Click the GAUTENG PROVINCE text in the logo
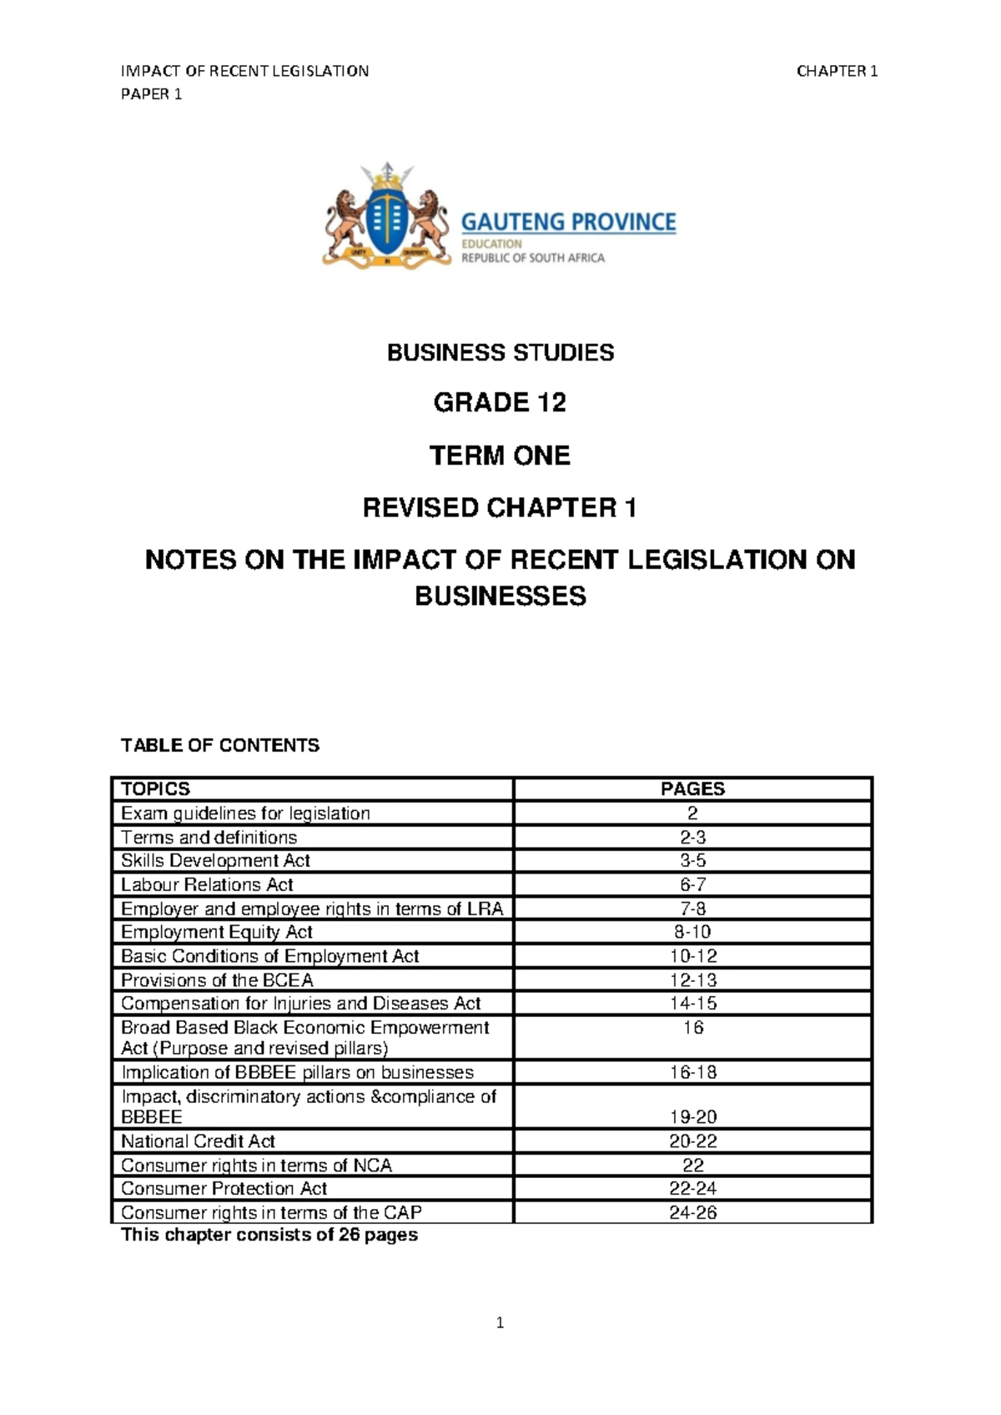click(568, 222)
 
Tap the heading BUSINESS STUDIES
click(500, 353)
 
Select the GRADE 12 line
click(500, 403)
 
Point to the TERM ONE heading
click(500, 456)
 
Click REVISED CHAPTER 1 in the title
click(500, 508)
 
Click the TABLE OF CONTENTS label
click(220, 745)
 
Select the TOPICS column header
click(156, 789)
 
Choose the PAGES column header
click(692, 789)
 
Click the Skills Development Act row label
click(216, 861)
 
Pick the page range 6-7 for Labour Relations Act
click(692, 884)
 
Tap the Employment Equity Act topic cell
click(217, 932)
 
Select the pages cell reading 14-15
click(692, 1004)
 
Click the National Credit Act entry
click(199, 1141)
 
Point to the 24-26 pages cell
click(692, 1213)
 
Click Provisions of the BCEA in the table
click(218, 980)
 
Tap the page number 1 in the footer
click(500, 1322)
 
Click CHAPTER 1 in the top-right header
click(837, 72)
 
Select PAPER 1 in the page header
click(151, 94)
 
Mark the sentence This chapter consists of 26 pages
click(269, 1235)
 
